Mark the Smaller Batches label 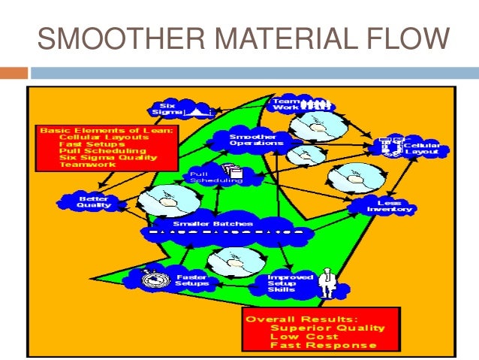pyautogui.click(x=224, y=223)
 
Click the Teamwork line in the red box pyautogui.click(x=83, y=165)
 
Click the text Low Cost pyautogui.click(x=300, y=336)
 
